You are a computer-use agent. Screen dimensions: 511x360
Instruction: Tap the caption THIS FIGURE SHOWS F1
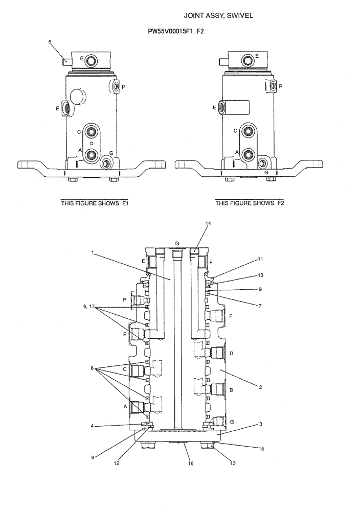pos(95,203)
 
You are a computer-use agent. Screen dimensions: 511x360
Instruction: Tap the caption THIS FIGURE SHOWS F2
pos(250,203)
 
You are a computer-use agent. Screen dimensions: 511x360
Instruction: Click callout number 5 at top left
pos(51,43)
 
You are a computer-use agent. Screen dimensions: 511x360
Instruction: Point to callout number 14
pos(208,224)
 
